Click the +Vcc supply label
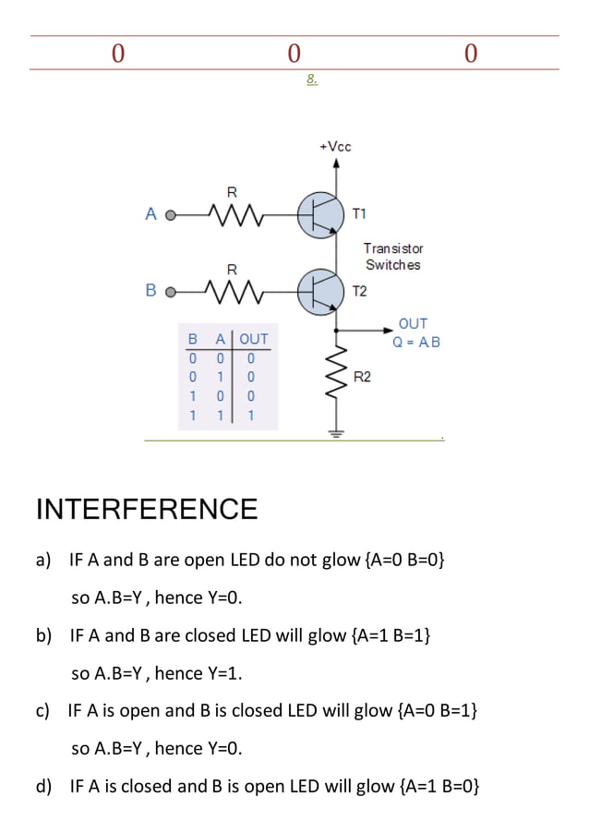(x=335, y=147)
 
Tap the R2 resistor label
(x=363, y=377)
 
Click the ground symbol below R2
(x=336, y=432)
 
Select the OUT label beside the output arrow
(x=413, y=323)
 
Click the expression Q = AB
(x=416, y=342)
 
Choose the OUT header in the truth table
(x=254, y=339)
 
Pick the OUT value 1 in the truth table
(x=250, y=416)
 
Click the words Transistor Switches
(x=393, y=257)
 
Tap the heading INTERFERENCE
(x=146, y=509)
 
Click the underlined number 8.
(x=312, y=79)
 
